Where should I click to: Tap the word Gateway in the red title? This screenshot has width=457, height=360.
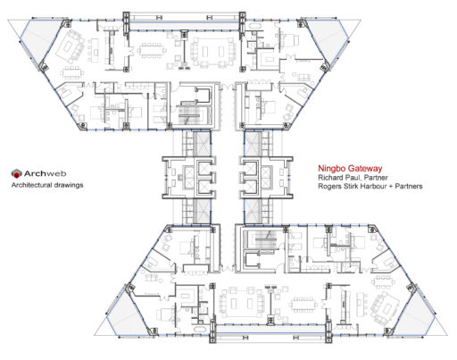365,169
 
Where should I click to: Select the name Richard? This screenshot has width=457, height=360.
329,178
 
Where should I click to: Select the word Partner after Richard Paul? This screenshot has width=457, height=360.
373,178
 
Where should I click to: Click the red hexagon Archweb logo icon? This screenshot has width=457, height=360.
17,173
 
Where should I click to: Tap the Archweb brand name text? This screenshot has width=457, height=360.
45,173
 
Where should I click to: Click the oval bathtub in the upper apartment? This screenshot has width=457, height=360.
254,26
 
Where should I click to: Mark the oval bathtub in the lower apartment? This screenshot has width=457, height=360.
199,330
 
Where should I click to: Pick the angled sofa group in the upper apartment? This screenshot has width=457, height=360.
71,46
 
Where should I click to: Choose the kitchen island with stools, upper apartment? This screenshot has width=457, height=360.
95,50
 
